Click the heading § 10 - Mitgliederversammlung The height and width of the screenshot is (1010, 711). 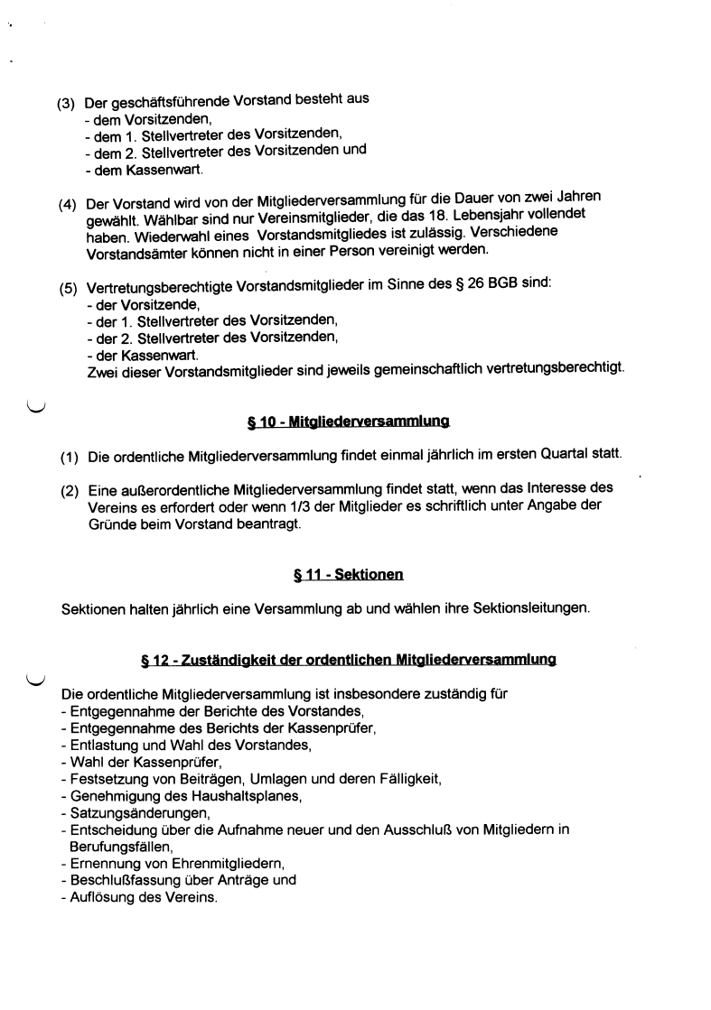[x=348, y=421]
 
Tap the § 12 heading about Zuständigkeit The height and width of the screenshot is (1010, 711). [x=348, y=661]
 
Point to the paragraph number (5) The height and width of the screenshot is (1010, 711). [x=68, y=290]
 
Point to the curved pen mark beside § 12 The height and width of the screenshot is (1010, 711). [x=37, y=680]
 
